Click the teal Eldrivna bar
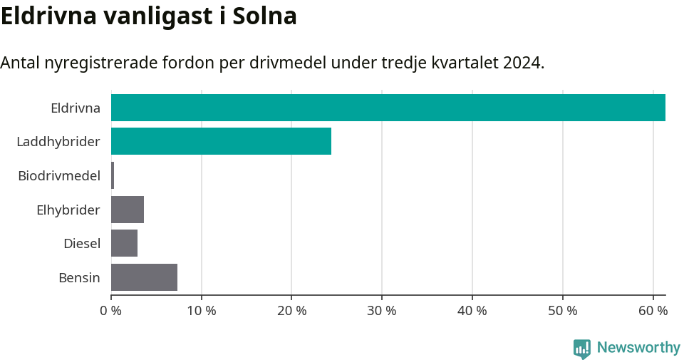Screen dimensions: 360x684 388,108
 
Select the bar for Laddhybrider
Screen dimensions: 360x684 221,141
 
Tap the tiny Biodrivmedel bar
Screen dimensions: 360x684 113,175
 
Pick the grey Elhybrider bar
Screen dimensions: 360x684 128,210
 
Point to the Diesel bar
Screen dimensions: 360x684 124,243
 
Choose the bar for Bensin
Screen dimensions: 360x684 144,277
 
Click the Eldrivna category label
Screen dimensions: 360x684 76,108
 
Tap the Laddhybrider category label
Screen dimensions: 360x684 58,142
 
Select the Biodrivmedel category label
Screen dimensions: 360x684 59,176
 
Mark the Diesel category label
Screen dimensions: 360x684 82,244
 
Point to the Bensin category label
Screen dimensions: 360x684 79,277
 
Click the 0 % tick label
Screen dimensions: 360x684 111,311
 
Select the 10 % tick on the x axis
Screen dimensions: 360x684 202,311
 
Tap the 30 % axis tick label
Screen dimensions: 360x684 382,311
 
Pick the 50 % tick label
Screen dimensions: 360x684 563,311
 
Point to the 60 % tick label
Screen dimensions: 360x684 653,311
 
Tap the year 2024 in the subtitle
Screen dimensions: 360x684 522,62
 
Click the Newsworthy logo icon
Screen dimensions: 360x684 582,348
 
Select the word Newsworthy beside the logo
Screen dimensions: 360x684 638,348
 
